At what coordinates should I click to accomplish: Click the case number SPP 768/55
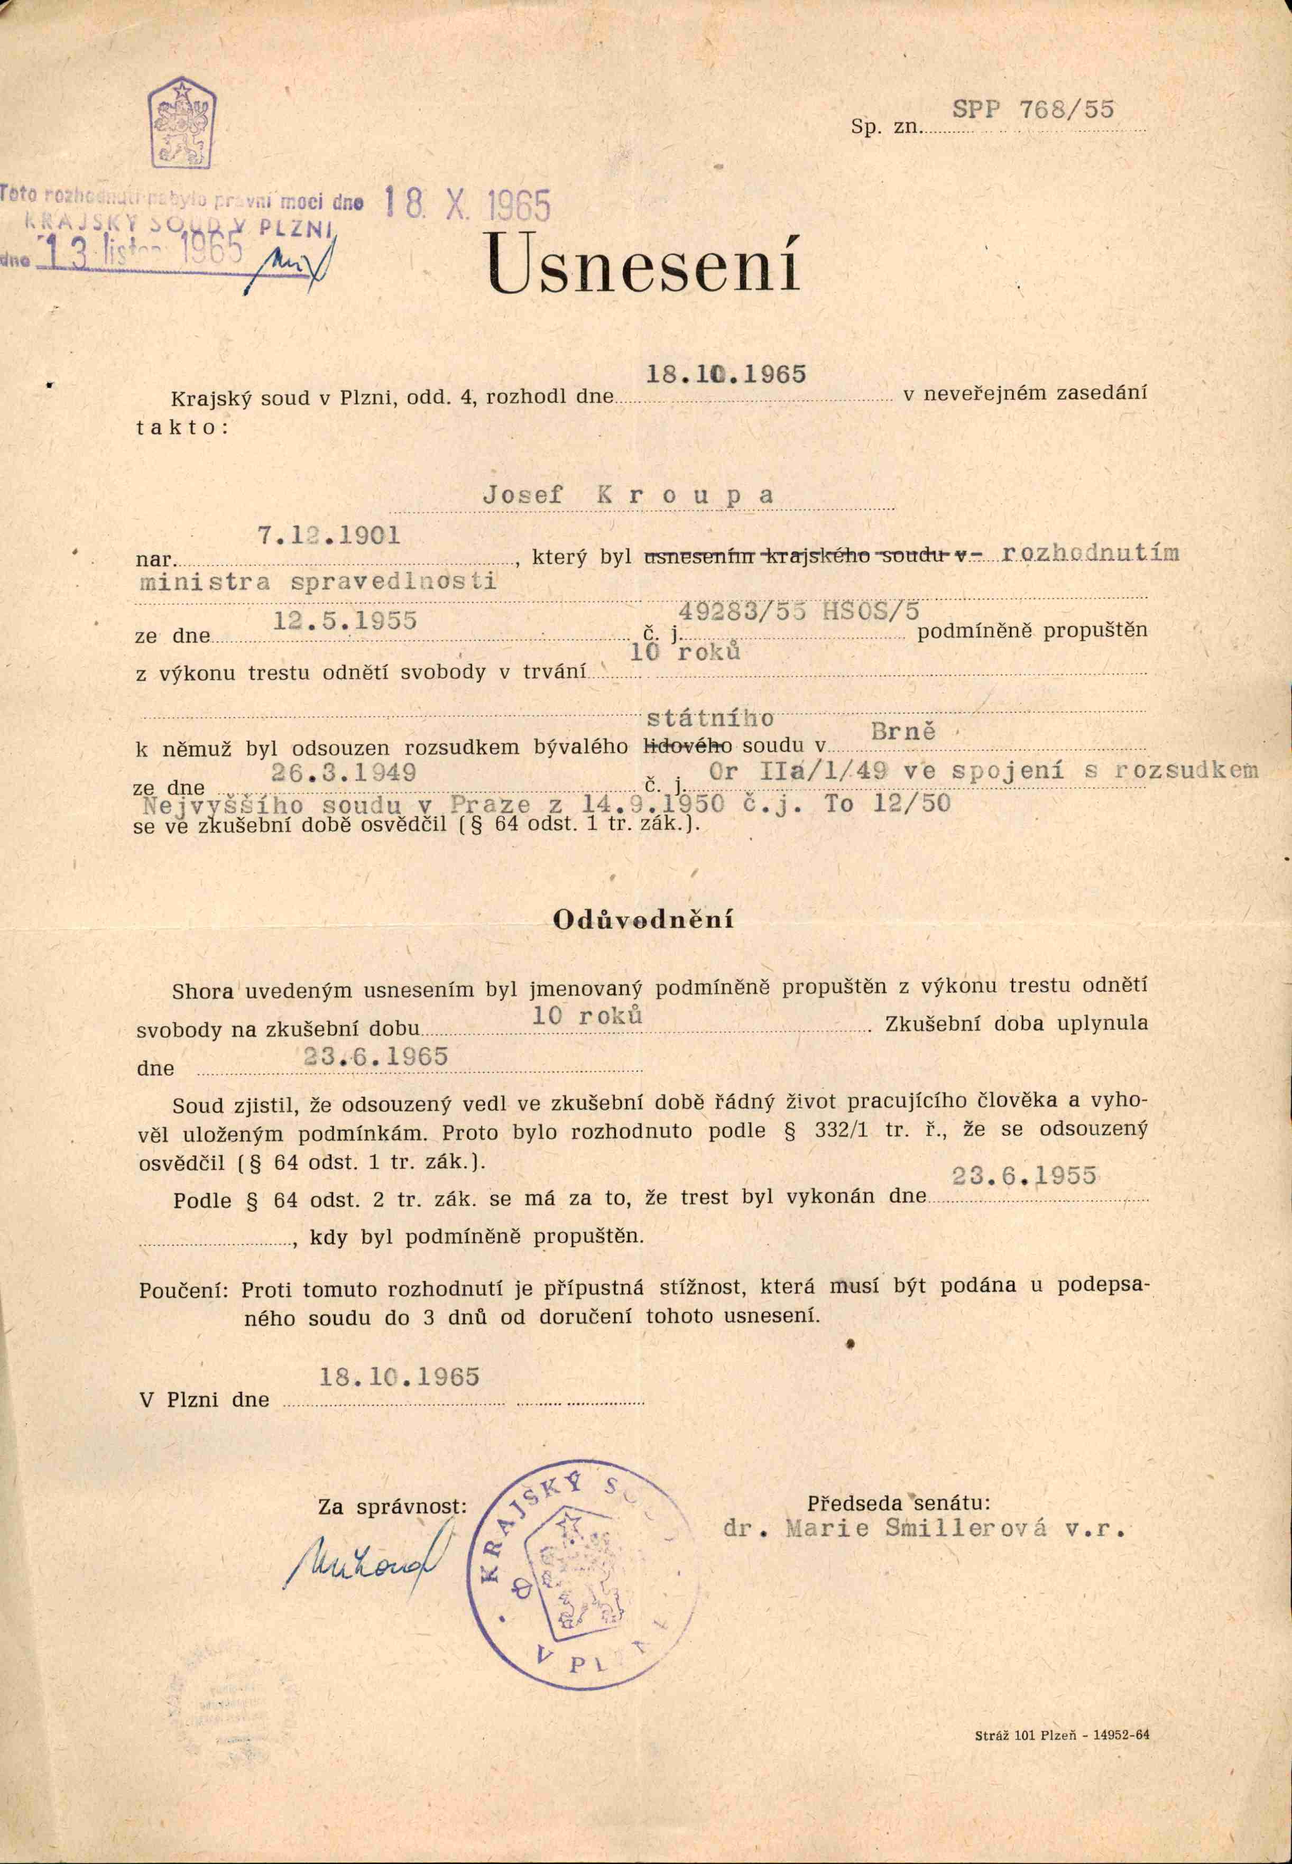pos(1033,110)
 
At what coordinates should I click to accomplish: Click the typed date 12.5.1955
pos(345,621)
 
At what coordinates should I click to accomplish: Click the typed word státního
pos(710,718)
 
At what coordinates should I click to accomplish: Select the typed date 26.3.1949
pos(344,772)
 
